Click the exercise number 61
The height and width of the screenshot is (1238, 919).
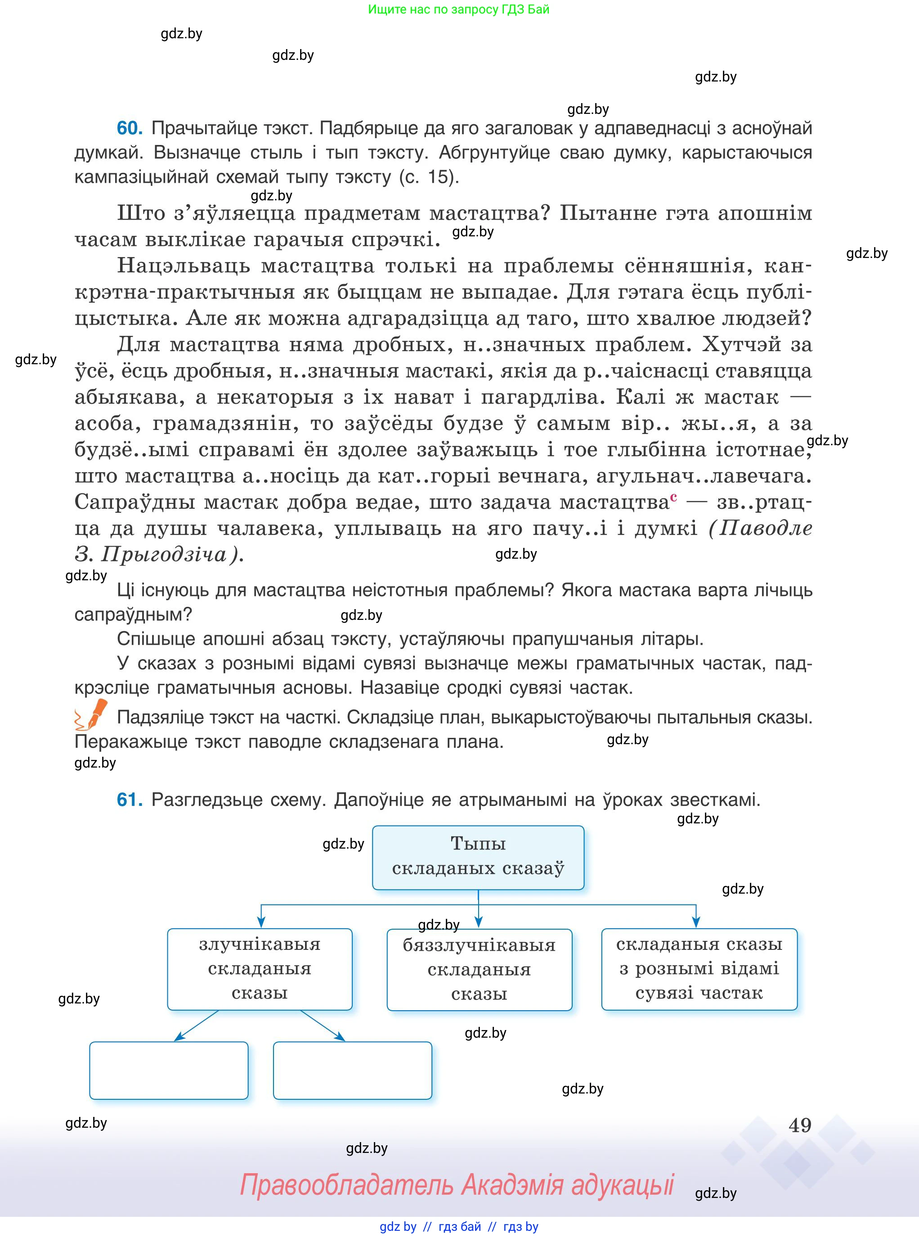pos(129,800)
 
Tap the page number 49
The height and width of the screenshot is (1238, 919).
pos(800,1125)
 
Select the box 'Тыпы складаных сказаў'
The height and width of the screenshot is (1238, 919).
pos(478,857)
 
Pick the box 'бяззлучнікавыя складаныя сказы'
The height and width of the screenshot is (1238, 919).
pos(479,969)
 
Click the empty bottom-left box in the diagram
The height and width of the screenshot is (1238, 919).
pos(169,1071)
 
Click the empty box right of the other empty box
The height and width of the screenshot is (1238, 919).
pos(352,1071)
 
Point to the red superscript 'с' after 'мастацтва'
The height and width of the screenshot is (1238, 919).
pos(674,497)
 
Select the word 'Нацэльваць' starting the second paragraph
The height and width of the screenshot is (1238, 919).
pos(184,266)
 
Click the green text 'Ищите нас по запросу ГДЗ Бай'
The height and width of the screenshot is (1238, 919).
pos(458,9)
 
